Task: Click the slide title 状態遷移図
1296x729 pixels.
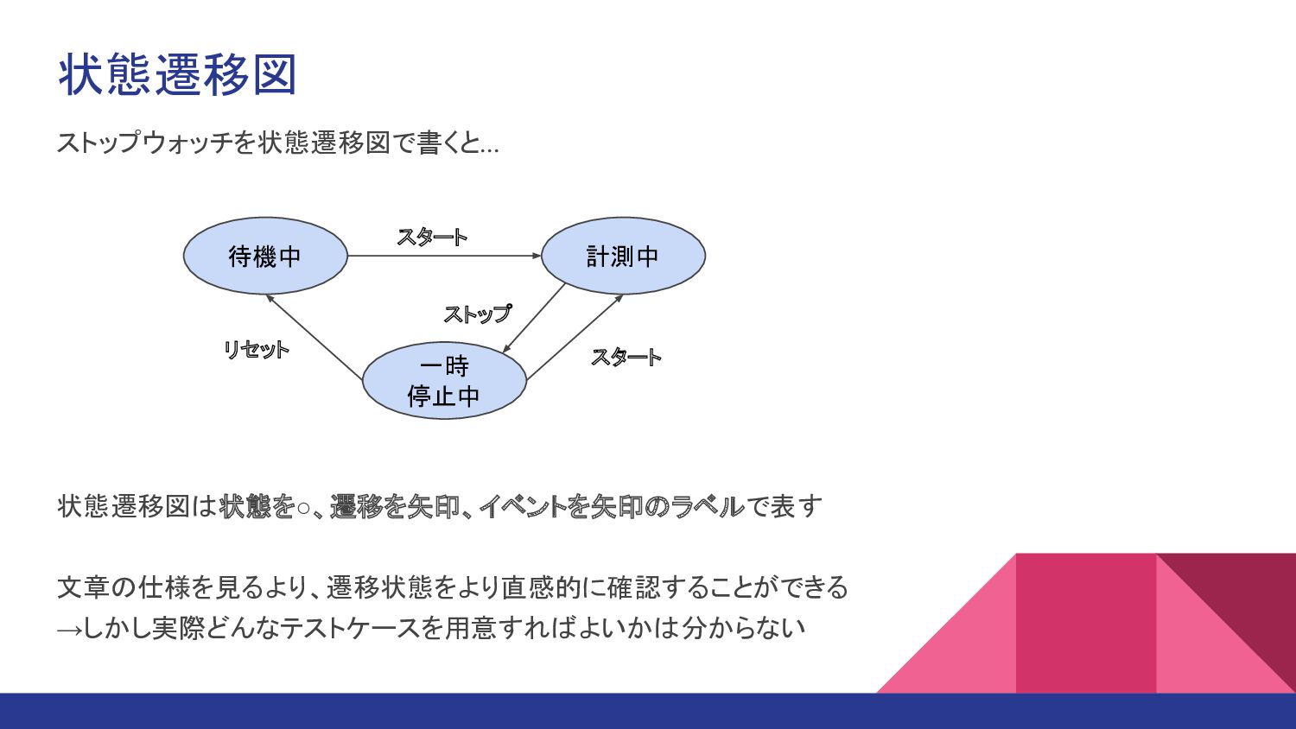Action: point(178,74)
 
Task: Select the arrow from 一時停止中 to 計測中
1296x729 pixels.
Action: point(575,337)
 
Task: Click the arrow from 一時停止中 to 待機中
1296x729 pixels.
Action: point(314,337)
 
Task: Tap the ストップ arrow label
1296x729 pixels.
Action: point(477,314)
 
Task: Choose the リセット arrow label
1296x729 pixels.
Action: point(256,350)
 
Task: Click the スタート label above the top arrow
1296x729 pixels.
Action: point(432,237)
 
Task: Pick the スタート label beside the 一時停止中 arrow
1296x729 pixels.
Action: point(626,357)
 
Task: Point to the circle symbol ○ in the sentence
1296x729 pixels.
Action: point(303,508)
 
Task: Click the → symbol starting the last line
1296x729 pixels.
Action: point(69,629)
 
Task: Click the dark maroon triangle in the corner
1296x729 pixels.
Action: point(1244,596)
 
